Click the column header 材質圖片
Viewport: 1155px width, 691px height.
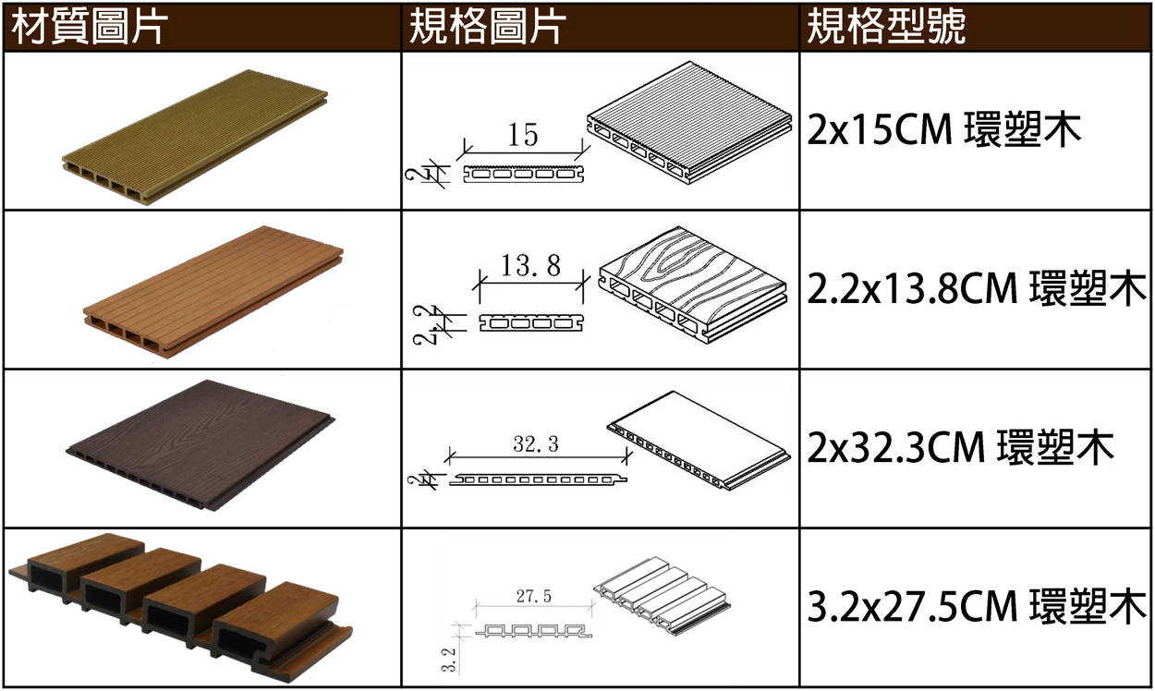coord(90,26)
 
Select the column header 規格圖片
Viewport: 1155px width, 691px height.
coord(487,26)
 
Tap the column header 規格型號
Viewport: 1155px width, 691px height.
coord(886,26)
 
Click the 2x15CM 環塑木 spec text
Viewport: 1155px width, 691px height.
coord(943,130)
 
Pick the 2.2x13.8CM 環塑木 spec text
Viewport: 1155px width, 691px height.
coord(977,288)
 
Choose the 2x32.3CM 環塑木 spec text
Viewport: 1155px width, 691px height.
coord(961,447)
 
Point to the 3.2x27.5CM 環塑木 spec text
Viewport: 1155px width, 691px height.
coord(977,606)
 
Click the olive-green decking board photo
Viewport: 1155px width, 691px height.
coord(195,137)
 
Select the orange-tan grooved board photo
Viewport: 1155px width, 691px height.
coord(213,292)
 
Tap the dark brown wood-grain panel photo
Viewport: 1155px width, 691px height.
coord(201,445)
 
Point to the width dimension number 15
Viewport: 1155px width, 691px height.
coord(523,135)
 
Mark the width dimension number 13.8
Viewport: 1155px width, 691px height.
coord(531,265)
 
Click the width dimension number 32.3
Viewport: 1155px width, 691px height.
coord(536,444)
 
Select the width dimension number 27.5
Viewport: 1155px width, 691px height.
coord(534,596)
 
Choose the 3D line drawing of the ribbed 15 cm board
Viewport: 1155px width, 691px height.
coord(689,123)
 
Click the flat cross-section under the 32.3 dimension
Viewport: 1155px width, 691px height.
coord(538,479)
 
